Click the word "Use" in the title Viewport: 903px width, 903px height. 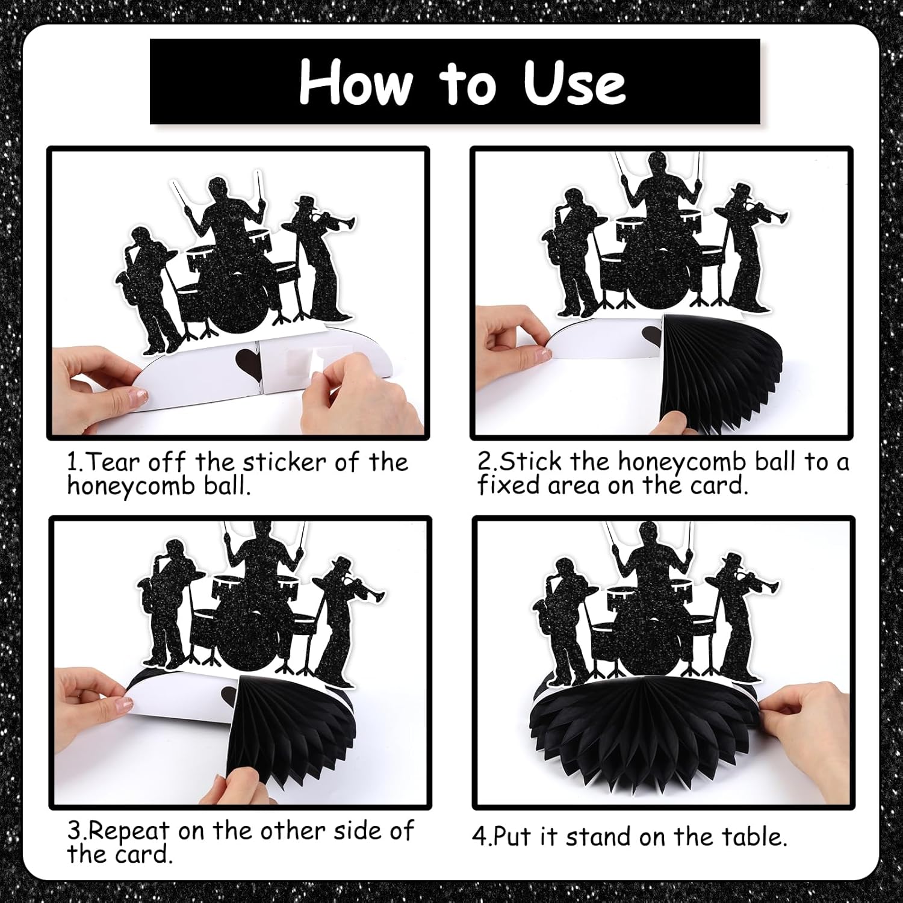(575, 82)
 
